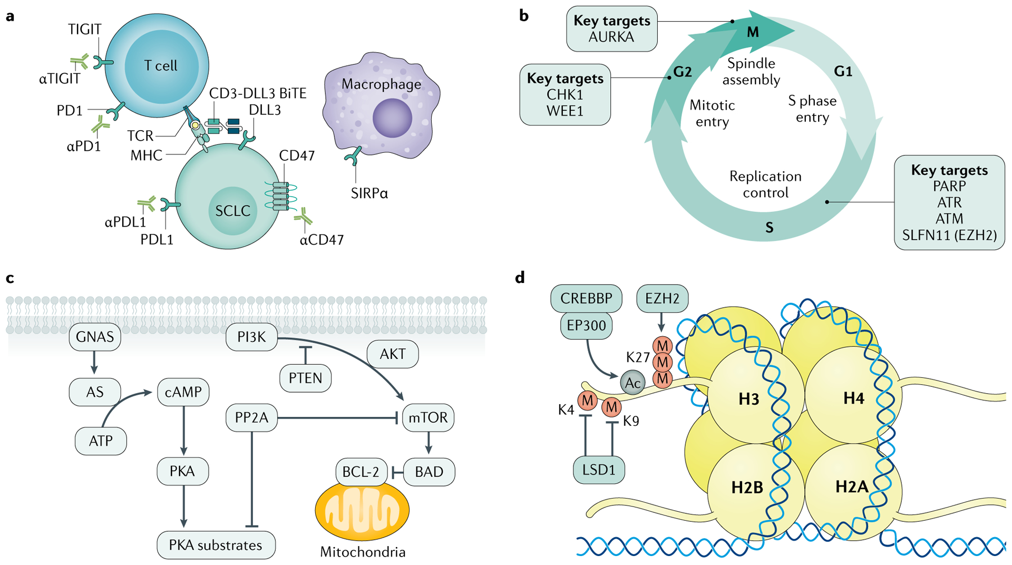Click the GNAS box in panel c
pos(95,337)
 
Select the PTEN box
pos(305,378)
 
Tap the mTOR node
pos(428,417)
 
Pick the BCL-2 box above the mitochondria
pos(361,472)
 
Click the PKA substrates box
pos(216,545)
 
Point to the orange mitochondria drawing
pos(362,510)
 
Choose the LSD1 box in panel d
pos(599,470)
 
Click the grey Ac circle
pos(632,383)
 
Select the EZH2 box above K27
pos(662,298)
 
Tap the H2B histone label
pos(747,488)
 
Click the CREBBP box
pos(586,298)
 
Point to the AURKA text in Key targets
pos(611,37)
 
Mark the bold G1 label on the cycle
pos(843,72)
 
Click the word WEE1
pos(565,111)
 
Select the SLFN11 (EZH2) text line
pos(949,235)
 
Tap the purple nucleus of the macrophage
pos(392,118)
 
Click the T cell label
pos(160,66)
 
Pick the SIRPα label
pos(369,193)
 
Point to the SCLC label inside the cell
pos(232,211)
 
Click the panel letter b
pos(523,16)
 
